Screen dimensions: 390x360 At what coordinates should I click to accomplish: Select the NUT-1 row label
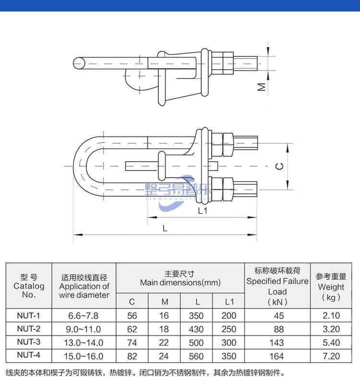click(x=28, y=316)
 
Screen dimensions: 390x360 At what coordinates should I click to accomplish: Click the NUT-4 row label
click(x=28, y=356)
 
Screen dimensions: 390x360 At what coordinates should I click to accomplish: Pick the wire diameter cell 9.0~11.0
click(x=84, y=329)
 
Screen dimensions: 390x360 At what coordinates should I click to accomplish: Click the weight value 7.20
click(x=331, y=356)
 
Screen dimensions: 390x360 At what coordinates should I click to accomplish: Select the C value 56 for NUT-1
click(x=132, y=316)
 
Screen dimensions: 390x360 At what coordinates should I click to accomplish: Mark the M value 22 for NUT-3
click(x=164, y=342)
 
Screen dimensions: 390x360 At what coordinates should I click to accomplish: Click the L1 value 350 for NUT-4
click(x=229, y=356)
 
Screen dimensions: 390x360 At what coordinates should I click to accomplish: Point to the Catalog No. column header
click(x=28, y=286)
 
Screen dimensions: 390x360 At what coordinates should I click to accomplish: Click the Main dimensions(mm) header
click(x=180, y=279)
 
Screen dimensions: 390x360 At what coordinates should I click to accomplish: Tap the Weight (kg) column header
click(x=331, y=286)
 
